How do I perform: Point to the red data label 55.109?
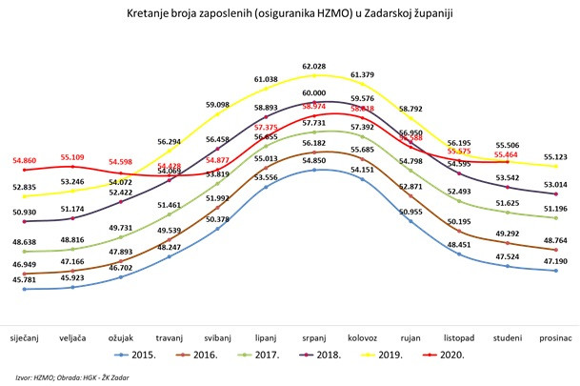click(79, 156)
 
